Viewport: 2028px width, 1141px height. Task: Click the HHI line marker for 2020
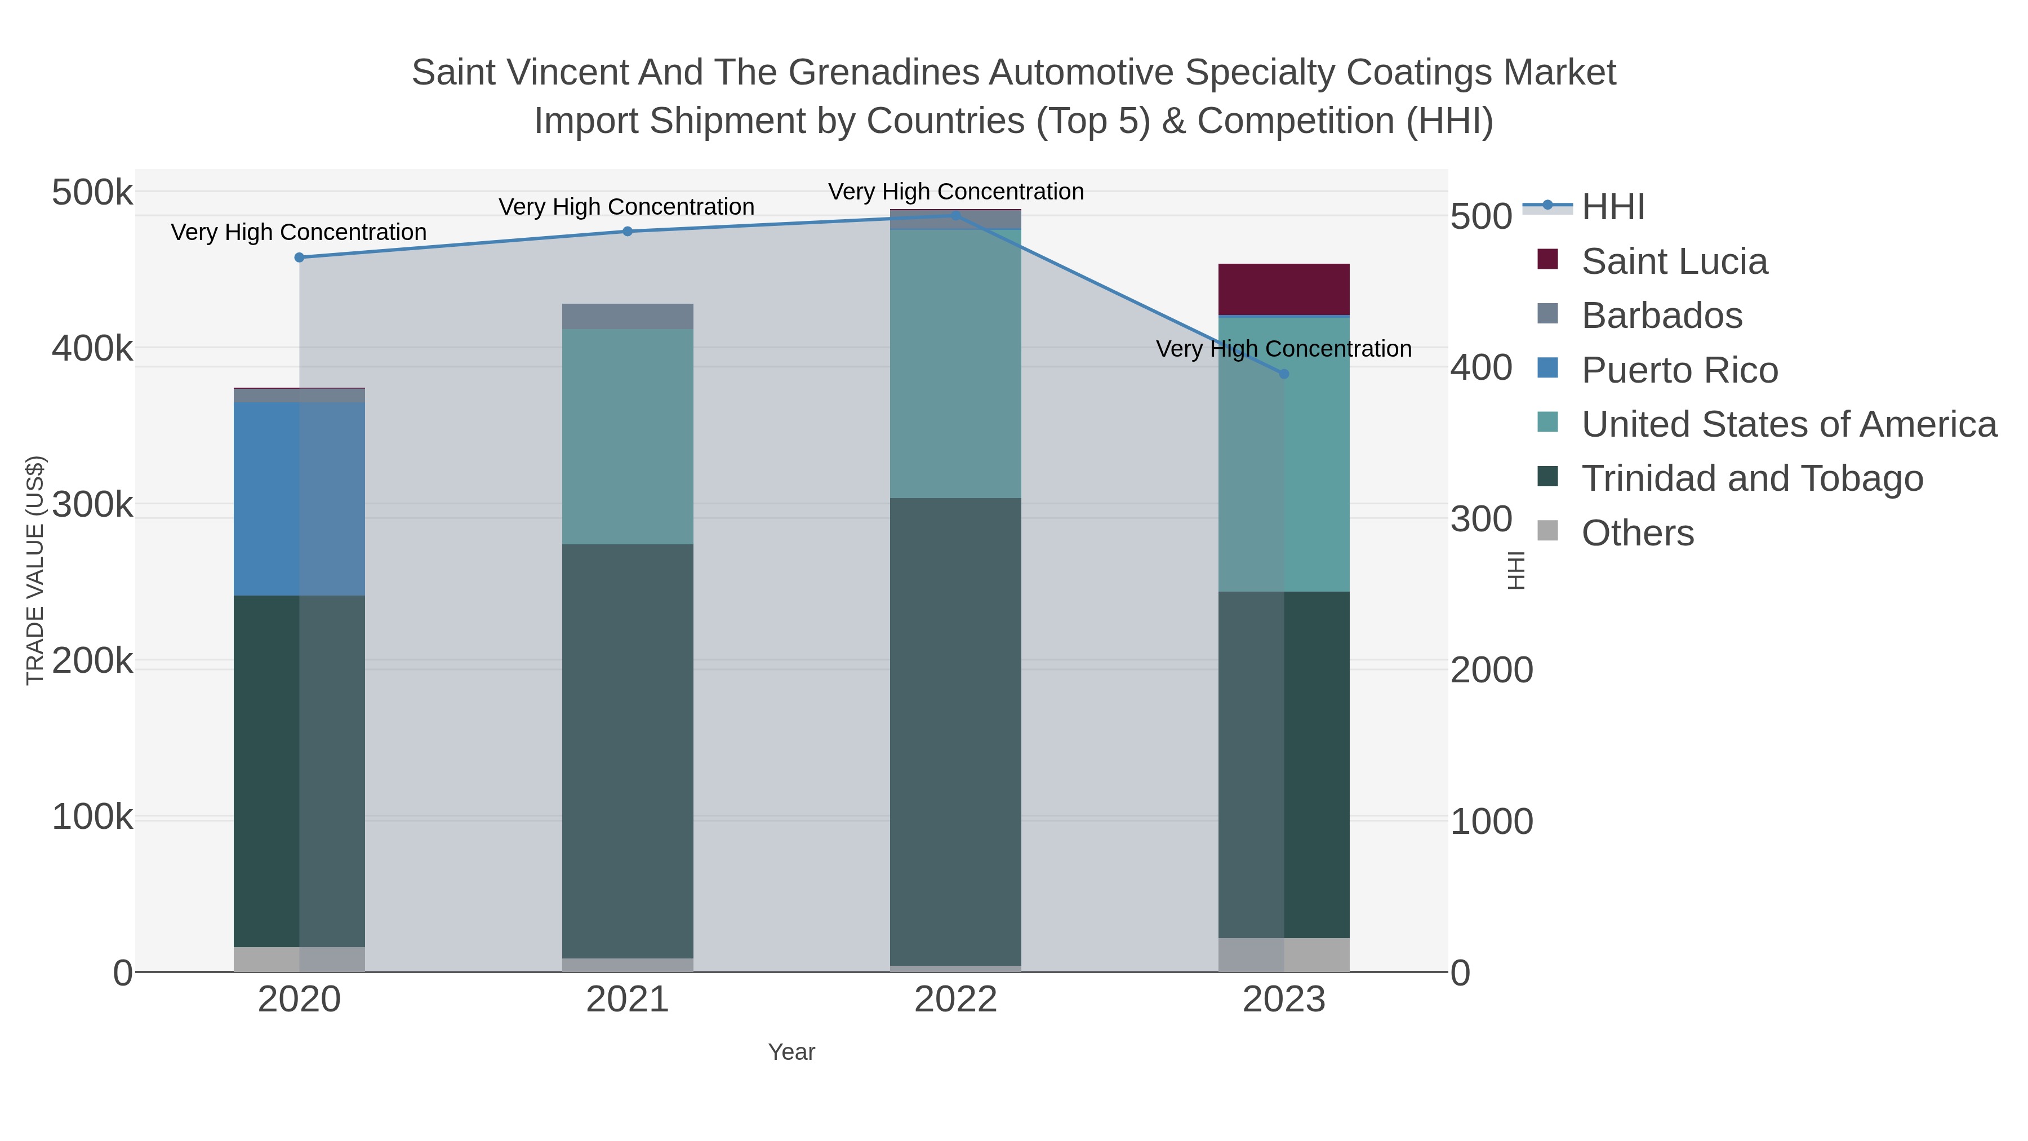point(299,257)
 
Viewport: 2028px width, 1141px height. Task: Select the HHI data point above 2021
point(628,232)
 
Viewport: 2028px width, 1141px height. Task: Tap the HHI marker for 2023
point(1284,374)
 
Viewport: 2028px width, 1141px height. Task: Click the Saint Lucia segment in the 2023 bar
point(1284,289)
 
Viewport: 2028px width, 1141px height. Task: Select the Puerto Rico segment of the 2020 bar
point(299,499)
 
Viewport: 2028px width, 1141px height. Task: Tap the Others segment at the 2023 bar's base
point(1284,954)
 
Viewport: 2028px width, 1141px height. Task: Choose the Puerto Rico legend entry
point(1679,370)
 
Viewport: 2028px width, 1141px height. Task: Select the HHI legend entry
point(1612,207)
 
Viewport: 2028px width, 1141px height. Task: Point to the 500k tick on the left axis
point(92,192)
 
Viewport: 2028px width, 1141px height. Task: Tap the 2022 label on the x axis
point(955,1000)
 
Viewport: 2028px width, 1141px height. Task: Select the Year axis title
point(791,1052)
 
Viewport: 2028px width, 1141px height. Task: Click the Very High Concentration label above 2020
point(299,232)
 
